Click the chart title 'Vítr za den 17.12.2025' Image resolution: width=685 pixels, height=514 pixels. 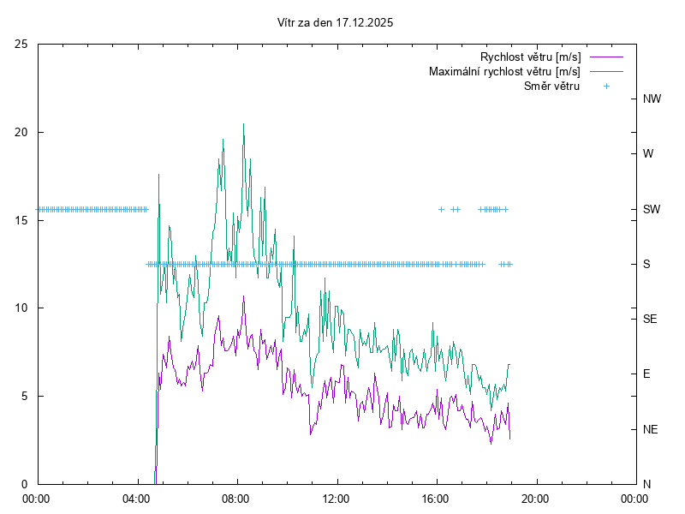[x=336, y=23]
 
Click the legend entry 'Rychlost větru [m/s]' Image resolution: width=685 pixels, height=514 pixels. [x=531, y=57]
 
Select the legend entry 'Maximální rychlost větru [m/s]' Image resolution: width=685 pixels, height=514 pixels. [x=505, y=72]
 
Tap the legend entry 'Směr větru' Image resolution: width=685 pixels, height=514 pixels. [x=552, y=86]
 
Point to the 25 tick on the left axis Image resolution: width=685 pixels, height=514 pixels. [x=21, y=44]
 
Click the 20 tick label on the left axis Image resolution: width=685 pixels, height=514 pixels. [x=21, y=132]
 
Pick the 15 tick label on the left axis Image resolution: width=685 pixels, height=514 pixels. [x=21, y=220]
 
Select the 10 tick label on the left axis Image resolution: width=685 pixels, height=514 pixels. [x=21, y=308]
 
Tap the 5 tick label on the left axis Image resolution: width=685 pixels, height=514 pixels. [x=25, y=396]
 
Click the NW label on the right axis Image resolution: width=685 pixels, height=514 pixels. [x=652, y=99]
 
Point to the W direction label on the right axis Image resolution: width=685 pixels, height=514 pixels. [x=648, y=154]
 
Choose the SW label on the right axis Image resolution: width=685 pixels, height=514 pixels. [x=652, y=209]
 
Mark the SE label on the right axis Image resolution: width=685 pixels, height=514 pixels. [x=650, y=319]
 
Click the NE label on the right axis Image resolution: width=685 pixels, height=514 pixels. [x=651, y=429]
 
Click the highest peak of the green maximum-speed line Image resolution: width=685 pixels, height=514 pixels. [x=243, y=124]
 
